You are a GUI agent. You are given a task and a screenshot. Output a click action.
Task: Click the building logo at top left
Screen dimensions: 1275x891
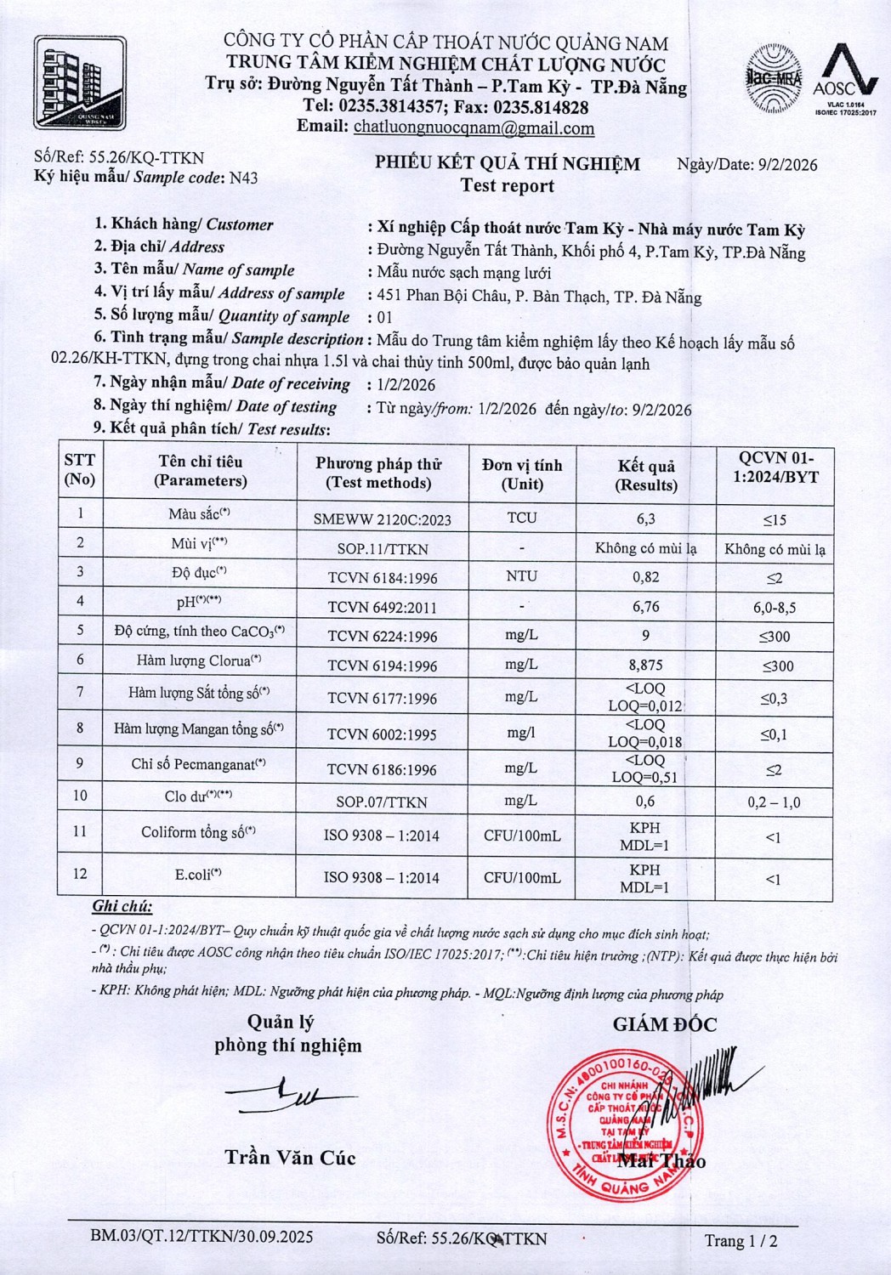(81, 83)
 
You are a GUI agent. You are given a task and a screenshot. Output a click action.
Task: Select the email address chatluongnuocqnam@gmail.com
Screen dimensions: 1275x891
(474, 128)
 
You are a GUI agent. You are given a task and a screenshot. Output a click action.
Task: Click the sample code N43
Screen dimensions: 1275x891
(243, 178)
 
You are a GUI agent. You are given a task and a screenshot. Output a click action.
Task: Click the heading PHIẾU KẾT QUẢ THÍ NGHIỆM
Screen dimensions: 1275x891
(508, 164)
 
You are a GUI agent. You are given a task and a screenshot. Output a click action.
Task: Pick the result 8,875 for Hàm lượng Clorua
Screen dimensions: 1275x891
(646, 665)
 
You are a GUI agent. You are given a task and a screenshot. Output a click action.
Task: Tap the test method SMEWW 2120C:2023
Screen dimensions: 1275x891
(382, 519)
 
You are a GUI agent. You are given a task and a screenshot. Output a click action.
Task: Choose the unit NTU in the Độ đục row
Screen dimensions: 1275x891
(521, 576)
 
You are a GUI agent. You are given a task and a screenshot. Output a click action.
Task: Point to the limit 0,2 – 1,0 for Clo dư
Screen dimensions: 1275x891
(774, 802)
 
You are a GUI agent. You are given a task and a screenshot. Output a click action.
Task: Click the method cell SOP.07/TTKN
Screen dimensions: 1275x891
(382, 802)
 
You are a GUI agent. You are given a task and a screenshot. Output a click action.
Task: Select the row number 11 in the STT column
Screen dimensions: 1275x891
(79, 831)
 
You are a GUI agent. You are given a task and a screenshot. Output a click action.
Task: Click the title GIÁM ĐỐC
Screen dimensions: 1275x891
(665, 1025)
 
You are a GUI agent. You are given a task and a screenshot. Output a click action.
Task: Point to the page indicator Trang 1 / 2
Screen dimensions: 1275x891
(741, 1241)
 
